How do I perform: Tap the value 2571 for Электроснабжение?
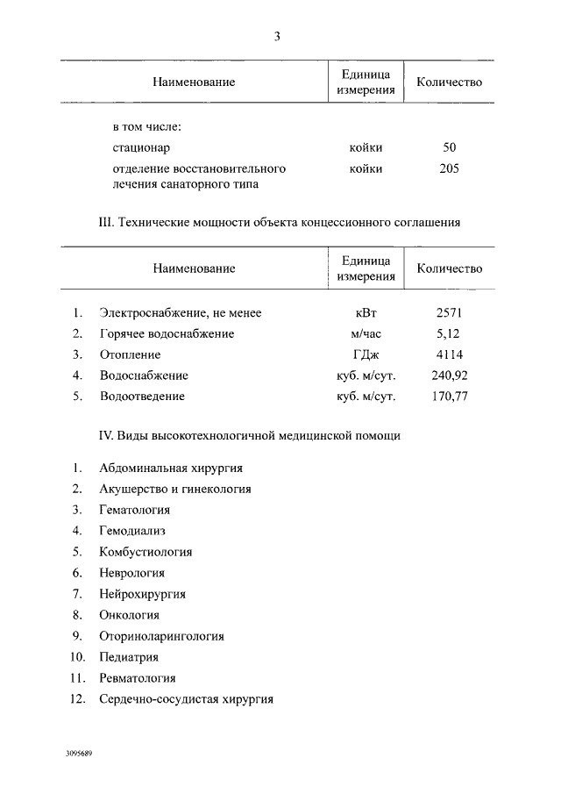(450, 312)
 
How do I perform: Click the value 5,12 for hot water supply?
(448, 333)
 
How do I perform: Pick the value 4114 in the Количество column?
(450, 354)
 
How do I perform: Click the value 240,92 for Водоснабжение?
(450, 376)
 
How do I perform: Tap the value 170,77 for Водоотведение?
(450, 397)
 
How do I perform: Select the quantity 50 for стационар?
(450, 147)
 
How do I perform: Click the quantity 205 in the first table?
(450, 168)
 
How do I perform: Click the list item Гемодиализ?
(132, 531)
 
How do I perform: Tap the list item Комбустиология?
(146, 552)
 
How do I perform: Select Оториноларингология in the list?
(162, 636)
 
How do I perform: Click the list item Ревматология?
(138, 678)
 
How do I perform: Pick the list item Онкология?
(130, 615)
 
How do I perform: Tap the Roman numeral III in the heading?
(104, 223)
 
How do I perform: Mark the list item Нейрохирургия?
(143, 594)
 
